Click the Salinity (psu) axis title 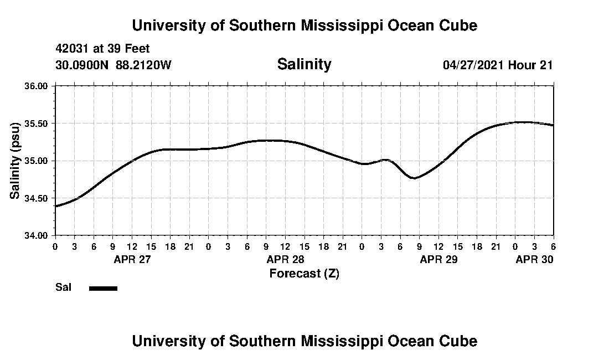[x=16, y=161]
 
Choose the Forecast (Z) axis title [x=304, y=273]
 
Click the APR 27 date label [x=132, y=259]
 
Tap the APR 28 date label [x=285, y=259]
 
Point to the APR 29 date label [x=438, y=259]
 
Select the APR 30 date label [x=534, y=259]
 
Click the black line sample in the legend [x=103, y=288]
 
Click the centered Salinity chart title [x=304, y=64]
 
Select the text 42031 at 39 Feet [x=102, y=49]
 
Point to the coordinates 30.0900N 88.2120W [x=113, y=65]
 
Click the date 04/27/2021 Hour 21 [x=498, y=65]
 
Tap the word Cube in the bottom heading [x=461, y=341]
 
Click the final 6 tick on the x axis [x=553, y=245]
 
